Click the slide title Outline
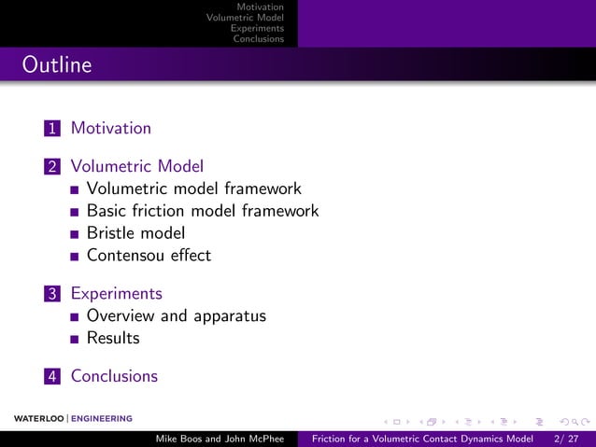(x=57, y=65)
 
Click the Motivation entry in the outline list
(x=110, y=128)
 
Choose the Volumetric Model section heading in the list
(x=136, y=166)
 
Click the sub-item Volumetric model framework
(x=193, y=189)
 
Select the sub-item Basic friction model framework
(x=202, y=211)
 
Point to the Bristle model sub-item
(x=135, y=233)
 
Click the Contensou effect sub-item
(x=149, y=255)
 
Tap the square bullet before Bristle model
(x=75, y=234)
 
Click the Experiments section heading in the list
(x=116, y=293)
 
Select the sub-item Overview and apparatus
(x=176, y=315)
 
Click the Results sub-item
(x=112, y=338)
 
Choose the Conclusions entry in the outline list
(x=114, y=376)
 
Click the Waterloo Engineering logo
(x=73, y=418)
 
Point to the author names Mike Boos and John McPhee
(x=219, y=439)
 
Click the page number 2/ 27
(x=565, y=439)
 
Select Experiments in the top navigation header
(x=257, y=28)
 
